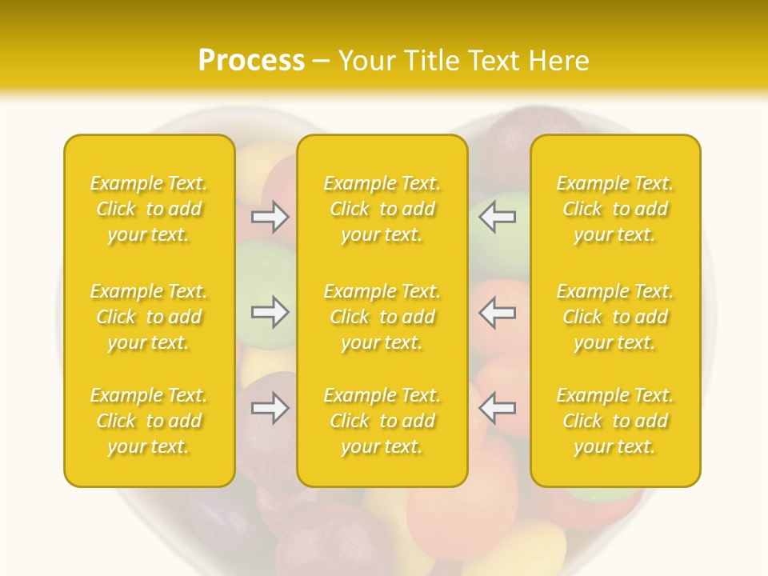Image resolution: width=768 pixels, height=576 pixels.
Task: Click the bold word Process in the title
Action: pos(251,61)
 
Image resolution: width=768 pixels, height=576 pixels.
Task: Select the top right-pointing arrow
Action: pos(270,217)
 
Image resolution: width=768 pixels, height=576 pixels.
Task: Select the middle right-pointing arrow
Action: pos(270,312)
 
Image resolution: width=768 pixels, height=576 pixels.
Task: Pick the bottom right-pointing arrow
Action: pos(270,408)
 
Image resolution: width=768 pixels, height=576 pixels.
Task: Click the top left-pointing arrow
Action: pos(497,217)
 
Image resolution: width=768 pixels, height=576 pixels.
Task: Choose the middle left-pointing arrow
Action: pos(497,312)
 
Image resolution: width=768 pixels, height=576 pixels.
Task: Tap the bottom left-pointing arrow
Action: pos(497,408)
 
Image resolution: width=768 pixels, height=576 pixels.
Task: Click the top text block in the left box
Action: pos(149,209)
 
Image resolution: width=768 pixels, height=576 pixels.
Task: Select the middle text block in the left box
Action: pos(149,317)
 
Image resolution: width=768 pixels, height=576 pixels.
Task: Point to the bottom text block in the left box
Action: pos(149,421)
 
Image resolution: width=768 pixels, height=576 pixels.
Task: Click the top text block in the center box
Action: pos(382,209)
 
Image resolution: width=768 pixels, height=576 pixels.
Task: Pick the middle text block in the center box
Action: pos(382,317)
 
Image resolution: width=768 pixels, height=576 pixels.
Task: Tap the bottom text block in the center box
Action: pos(382,421)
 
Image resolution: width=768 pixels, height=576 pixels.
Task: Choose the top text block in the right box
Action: pos(615,209)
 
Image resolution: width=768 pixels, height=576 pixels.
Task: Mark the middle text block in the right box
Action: pos(615,317)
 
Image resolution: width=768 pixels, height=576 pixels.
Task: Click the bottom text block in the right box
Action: pos(615,421)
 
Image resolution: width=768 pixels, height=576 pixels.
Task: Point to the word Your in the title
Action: pos(366,61)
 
